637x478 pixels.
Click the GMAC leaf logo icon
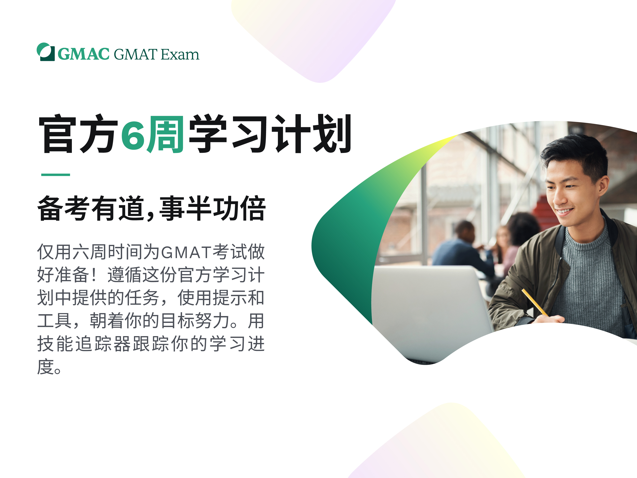click(x=45, y=52)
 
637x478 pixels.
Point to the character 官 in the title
click(x=58, y=134)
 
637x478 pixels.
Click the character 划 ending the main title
click(x=332, y=133)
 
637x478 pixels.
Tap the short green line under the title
click(x=56, y=175)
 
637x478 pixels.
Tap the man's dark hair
click(x=576, y=153)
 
